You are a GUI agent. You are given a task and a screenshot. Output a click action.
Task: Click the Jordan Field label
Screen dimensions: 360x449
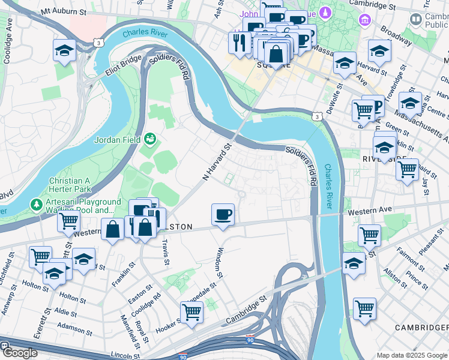[x=117, y=140]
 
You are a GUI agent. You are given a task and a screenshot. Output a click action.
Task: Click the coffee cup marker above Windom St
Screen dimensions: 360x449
[x=223, y=215]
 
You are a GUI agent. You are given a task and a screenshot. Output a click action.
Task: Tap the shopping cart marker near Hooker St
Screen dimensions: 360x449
[x=191, y=311]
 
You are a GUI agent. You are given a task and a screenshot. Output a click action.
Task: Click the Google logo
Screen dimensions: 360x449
[x=19, y=353]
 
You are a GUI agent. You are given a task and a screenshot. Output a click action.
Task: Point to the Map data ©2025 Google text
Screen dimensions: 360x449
[x=412, y=355]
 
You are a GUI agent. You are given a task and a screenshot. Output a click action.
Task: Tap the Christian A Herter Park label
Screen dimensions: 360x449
[x=78, y=185]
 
